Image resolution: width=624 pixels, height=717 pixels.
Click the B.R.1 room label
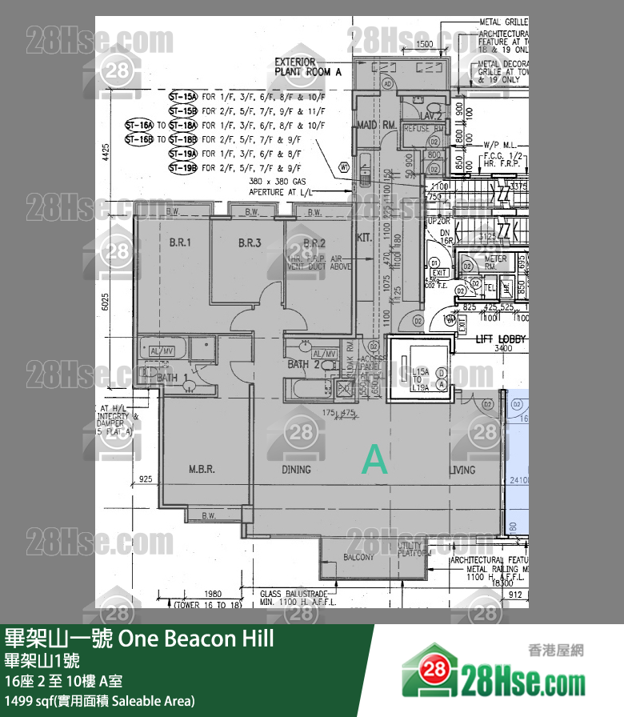tap(179, 242)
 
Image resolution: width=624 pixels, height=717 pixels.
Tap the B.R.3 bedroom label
tap(250, 242)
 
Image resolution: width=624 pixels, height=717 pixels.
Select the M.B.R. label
tap(201, 470)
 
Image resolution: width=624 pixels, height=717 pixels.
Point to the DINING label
tap(296, 470)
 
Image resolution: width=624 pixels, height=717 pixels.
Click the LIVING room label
tap(462, 470)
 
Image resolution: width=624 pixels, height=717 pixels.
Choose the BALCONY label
tap(359, 557)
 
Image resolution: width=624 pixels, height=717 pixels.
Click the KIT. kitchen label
tap(364, 238)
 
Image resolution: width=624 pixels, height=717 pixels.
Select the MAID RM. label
tap(377, 126)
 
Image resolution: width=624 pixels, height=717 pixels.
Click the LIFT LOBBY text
tap(501, 339)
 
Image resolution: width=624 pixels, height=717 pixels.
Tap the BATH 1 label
tap(170, 377)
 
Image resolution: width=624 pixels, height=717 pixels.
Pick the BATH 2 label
tap(302, 365)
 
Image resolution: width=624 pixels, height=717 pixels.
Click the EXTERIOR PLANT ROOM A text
tap(308, 66)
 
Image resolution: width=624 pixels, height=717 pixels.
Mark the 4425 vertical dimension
tap(106, 152)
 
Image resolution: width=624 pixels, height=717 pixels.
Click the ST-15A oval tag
tap(182, 96)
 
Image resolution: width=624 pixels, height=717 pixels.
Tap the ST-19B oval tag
tap(182, 168)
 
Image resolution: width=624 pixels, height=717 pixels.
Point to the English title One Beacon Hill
tap(196, 639)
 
